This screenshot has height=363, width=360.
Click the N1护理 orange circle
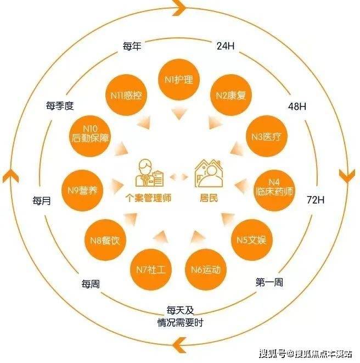point(178,80)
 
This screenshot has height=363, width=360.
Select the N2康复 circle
point(230,95)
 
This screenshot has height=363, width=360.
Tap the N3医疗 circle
point(266,136)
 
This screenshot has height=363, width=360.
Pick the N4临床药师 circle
point(274,191)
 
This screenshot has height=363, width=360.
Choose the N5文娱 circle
point(251,240)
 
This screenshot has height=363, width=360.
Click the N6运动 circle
point(206,269)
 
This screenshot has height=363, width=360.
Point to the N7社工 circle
point(151,269)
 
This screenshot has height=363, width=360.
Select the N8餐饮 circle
point(105,240)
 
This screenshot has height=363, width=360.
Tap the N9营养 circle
point(82,191)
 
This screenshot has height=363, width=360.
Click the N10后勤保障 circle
point(90,136)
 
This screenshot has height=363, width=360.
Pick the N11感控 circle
point(126,95)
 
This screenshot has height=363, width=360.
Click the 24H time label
point(226,46)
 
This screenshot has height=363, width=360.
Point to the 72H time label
point(316,199)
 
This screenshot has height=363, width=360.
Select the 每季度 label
point(60,106)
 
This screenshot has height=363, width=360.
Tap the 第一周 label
point(269,282)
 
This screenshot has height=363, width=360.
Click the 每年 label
point(132,46)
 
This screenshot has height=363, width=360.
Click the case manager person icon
point(149,172)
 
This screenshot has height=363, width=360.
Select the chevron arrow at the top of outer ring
point(179,7)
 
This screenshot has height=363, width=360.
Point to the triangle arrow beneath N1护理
point(179,114)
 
